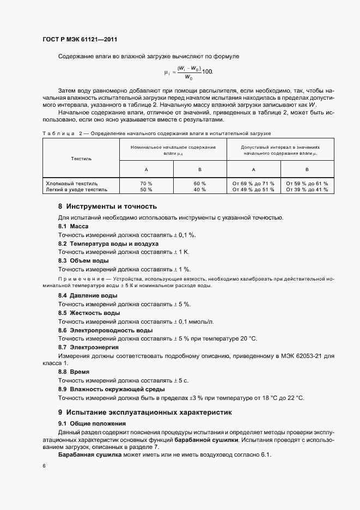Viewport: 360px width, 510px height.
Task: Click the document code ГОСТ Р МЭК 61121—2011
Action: (80, 40)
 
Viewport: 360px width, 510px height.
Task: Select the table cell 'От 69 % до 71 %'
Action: (253, 183)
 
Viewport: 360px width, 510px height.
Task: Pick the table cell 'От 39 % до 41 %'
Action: (307, 190)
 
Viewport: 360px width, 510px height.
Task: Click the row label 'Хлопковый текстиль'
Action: (72, 183)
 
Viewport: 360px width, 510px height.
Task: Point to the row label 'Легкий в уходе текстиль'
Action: (77, 190)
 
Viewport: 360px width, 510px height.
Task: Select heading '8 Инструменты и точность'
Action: (107, 207)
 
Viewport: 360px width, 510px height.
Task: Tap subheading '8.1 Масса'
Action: (73, 226)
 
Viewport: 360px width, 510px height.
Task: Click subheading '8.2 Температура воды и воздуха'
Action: (108, 244)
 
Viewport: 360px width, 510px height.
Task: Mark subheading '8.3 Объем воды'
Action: (83, 261)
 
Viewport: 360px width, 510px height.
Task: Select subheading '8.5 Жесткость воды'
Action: (89, 313)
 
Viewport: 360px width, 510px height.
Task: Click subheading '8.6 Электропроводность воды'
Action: (105, 330)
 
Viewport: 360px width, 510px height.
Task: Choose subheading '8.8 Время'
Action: (74, 371)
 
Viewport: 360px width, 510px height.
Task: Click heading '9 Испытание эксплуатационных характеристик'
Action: (145, 412)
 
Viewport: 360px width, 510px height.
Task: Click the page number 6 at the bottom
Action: (44, 466)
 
